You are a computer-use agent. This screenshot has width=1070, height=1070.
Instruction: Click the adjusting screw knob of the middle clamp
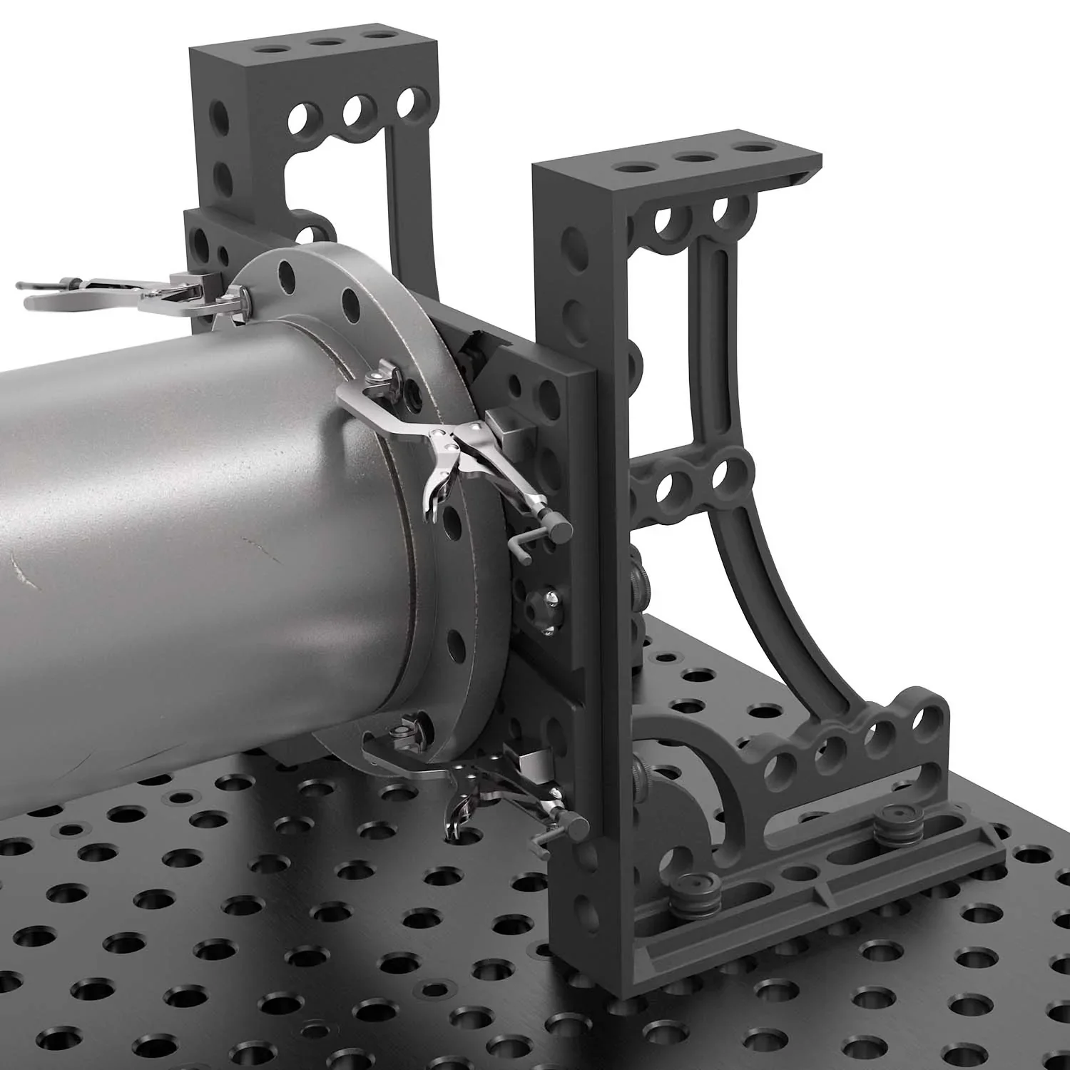pos(559,529)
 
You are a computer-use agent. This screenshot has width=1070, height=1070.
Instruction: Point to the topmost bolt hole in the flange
pos(286,273)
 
